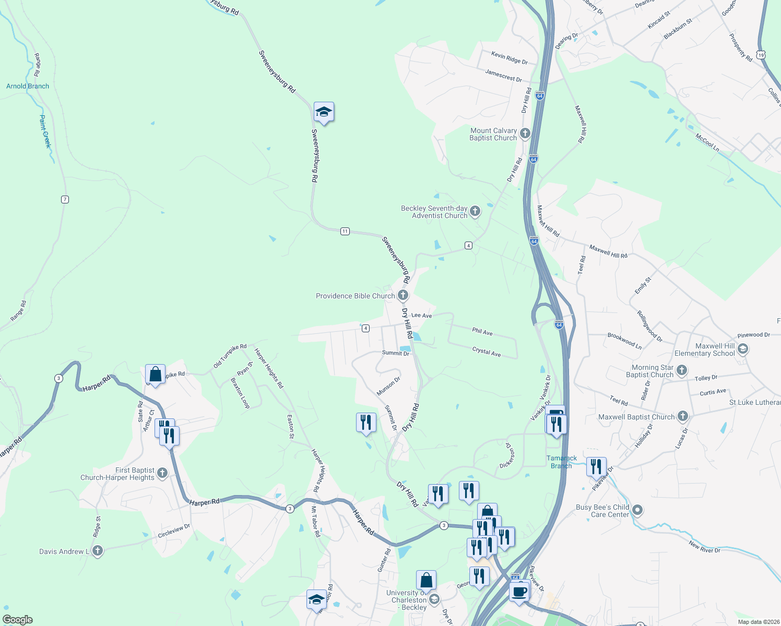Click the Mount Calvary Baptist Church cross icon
click(x=525, y=134)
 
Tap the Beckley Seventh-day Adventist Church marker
click(x=475, y=211)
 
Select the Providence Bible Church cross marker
click(x=403, y=295)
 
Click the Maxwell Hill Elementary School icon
click(x=743, y=349)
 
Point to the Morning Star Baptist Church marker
click(x=682, y=370)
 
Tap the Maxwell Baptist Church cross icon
click(x=683, y=416)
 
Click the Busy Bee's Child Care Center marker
click(x=637, y=510)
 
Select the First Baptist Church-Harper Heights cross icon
click(x=162, y=473)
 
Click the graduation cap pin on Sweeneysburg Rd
click(x=324, y=112)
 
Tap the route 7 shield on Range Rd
click(x=65, y=199)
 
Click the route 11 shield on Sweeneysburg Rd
click(x=345, y=231)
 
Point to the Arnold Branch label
click(x=28, y=86)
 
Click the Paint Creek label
click(x=45, y=131)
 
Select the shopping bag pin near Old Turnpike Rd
click(x=155, y=374)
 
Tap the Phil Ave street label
click(x=482, y=332)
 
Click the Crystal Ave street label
click(x=487, y=352)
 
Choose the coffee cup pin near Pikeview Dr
click(x=519, y=592)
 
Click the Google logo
click(x=18, y=620)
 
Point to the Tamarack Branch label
click(x=562, y=462)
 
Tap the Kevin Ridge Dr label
click(x=510, y=58)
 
